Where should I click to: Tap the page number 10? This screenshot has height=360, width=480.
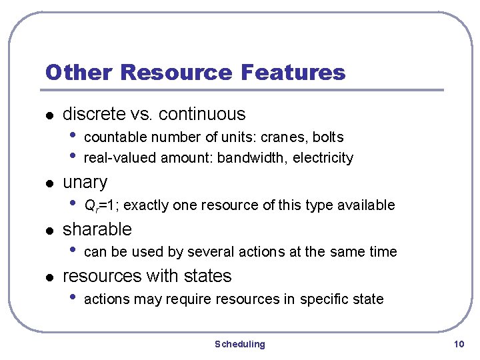[458, 344]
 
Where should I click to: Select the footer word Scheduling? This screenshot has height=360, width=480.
[239, 344]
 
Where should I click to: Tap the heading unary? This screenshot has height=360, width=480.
[85, 182]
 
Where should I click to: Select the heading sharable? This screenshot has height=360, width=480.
[97, 229]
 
